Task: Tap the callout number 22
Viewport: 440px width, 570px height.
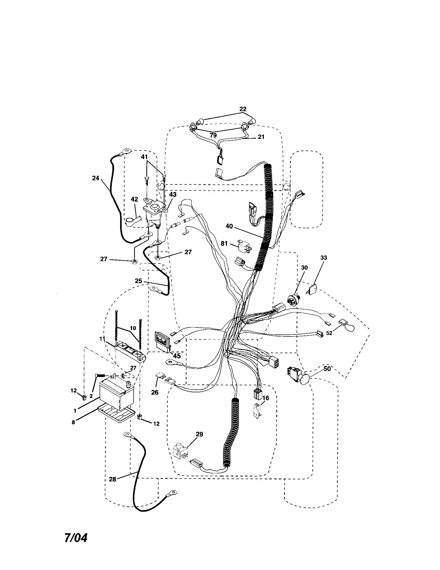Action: (243, 109)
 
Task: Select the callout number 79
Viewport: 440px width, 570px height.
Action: (213, 135)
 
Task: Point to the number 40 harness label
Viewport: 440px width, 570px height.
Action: (229, 226)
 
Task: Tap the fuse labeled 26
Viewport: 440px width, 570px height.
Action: (159, 375)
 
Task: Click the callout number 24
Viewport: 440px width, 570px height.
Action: (96, 178)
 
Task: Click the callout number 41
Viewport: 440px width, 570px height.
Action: (144, 157)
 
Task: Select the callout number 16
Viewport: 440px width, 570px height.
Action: (266, 398)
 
